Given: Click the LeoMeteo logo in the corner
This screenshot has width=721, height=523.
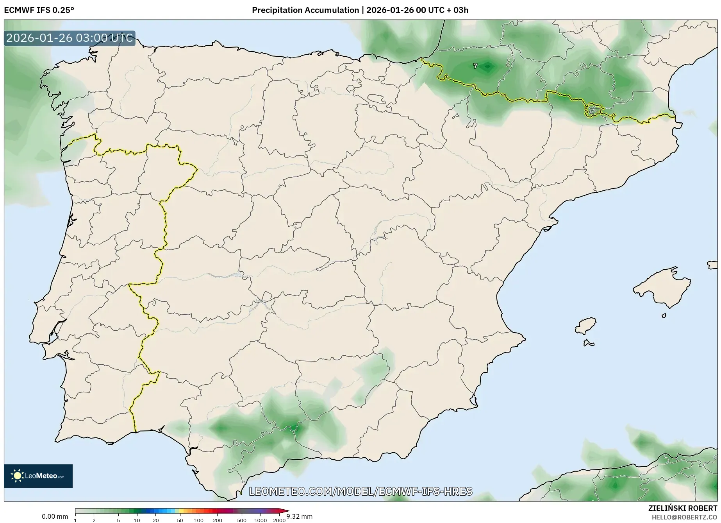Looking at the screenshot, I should (x=38, y=476).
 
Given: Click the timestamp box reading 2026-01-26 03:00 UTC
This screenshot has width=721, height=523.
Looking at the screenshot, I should (x=70, y=38).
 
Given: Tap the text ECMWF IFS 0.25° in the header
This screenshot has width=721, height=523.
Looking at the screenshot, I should (x=39, y=10).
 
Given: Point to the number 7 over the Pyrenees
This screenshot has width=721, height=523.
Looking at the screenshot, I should (x=475, y=66).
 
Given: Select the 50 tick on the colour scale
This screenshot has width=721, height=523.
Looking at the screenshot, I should (x=180, y=520).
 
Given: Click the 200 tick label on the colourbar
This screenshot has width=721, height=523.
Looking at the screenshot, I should (x=218, y=520).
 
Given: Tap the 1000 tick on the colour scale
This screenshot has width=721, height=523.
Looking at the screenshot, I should (x=261, y=520).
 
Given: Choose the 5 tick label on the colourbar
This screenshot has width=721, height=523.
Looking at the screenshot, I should (x=118, y=520).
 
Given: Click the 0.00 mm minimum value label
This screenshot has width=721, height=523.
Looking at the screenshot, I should (x=55, y=516).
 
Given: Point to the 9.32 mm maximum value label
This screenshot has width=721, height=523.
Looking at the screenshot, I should (x=300, y=516).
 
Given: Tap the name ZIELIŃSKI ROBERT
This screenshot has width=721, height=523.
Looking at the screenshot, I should (x=683, y=508).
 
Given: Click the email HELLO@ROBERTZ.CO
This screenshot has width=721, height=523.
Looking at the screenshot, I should (x=684, y=517).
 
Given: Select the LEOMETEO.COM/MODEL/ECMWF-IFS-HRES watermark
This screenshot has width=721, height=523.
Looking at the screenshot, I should (x=360, y=491).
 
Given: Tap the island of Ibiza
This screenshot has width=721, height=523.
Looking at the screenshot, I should (x=585, y=325).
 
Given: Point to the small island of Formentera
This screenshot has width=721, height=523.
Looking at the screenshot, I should (x=588, y=344).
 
